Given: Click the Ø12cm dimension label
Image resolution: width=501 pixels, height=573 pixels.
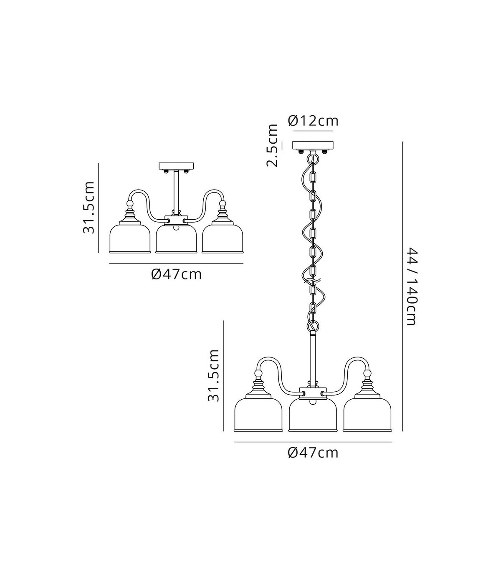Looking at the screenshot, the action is click(313, 121).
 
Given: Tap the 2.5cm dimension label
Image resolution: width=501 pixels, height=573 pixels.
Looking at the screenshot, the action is click(272, 146).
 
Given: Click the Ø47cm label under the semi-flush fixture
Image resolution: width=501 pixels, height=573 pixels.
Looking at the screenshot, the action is click(176, 274).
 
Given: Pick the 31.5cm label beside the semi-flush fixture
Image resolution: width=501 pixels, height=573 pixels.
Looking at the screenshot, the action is click(89, 208).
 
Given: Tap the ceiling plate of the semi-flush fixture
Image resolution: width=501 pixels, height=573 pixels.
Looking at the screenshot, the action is click(176, 166).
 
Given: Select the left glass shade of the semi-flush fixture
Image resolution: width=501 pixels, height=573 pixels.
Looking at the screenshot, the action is click(130, 238).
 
